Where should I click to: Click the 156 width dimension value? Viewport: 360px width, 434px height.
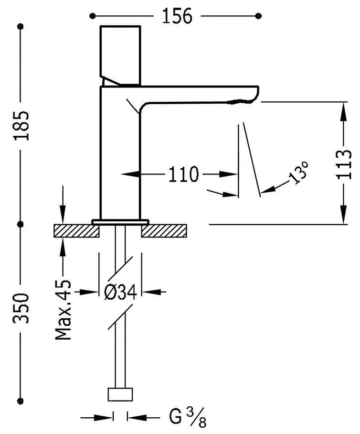(x=176, y=16)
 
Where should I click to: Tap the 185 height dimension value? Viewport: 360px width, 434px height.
(x=21, y=126)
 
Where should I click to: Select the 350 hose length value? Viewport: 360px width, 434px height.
(x=21, y=308)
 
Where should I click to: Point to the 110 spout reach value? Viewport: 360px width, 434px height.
(x=183, y=174)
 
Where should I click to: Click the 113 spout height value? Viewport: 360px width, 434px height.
(x=343, y=164)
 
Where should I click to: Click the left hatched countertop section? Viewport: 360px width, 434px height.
(x=76, y=231)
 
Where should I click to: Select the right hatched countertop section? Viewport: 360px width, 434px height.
(x=164, y=231)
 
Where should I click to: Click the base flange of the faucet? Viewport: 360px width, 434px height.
(x=120, y=221)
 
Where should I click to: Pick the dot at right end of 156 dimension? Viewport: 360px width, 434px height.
(x=259, y=16)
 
